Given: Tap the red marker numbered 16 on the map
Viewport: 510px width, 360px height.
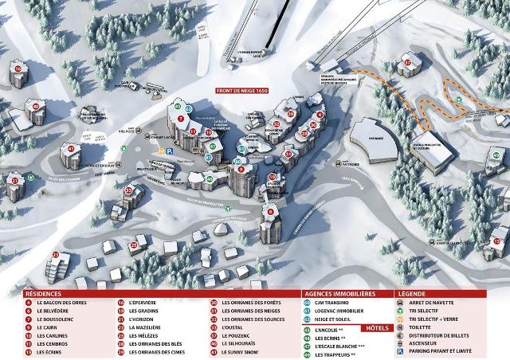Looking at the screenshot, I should (18, 69).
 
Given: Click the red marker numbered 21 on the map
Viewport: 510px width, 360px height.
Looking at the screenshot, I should (14, 180).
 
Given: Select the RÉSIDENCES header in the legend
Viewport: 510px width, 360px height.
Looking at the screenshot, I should (43, 293).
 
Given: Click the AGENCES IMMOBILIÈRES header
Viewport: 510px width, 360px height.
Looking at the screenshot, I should (335, 293).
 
